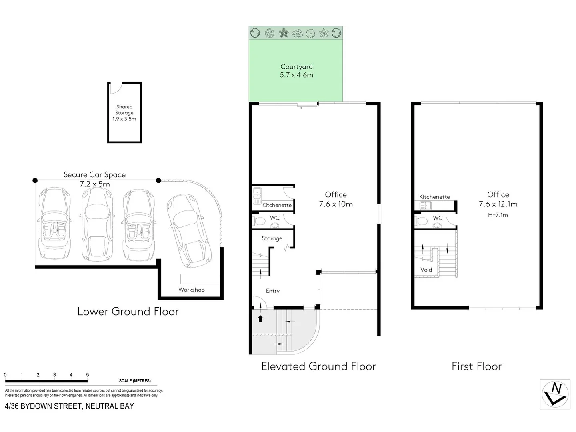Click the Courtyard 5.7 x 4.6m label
(x=296, y=71)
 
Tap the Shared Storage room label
(x=124, y=113)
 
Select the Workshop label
(x=191, y=290)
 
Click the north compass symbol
(x=555, y=394)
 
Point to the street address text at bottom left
(x=69, y=406)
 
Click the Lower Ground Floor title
(x=128, y=312)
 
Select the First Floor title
(x=476, y=366)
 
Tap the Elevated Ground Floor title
(x=318, y=366)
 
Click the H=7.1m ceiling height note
(x=498, y=215)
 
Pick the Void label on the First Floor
(x=426, y=270)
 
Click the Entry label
(x=272, y=291)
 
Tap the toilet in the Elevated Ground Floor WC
(x=259, y=221)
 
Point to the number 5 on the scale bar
(x=87, y=375)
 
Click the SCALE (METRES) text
(x=135, y=381)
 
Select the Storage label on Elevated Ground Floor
(x=272, y=238)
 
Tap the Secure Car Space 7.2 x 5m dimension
(x=94, y=184)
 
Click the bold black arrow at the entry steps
(x=260, y=318)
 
